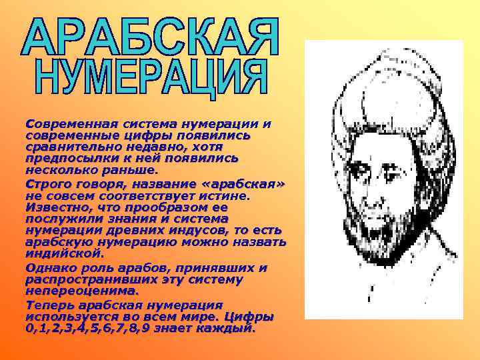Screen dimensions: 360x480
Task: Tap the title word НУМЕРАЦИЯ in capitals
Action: point(151,79)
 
